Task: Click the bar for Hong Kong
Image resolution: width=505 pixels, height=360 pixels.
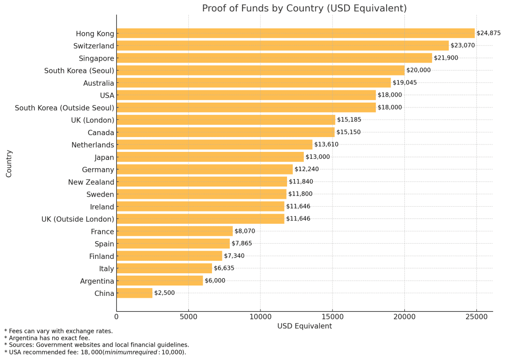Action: [x=295, y=34]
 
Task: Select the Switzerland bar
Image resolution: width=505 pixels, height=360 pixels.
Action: [x=283, y=46]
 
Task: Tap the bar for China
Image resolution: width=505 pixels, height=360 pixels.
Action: [x=135, y=293]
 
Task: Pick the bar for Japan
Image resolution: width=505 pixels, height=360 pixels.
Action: [x=210, y=157]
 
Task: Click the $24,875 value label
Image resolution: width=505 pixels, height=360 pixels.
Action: [x=488, y=34]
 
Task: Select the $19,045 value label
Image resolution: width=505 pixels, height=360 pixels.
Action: [x=404, y=83]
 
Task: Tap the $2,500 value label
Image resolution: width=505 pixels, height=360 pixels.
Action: [x=164, y=293]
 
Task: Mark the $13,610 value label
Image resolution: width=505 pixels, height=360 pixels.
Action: [x=326, y=144]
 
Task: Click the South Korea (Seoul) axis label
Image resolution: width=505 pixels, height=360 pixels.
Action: [x=79, y=71]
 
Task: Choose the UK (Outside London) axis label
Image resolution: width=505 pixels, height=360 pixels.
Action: [x=77, y=219]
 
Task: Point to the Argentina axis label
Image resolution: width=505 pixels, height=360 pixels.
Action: [x=97, y=281]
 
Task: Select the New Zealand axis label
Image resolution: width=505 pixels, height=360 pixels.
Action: [x=91, y=182]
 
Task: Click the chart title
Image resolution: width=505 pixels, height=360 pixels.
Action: [x=304, y=8]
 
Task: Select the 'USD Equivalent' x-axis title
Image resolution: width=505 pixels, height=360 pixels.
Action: [x=304, y=326]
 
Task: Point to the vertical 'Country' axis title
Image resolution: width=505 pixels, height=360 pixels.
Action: [x=9, y=163]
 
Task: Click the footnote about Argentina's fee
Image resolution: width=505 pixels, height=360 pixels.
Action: [x=47, y=338]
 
